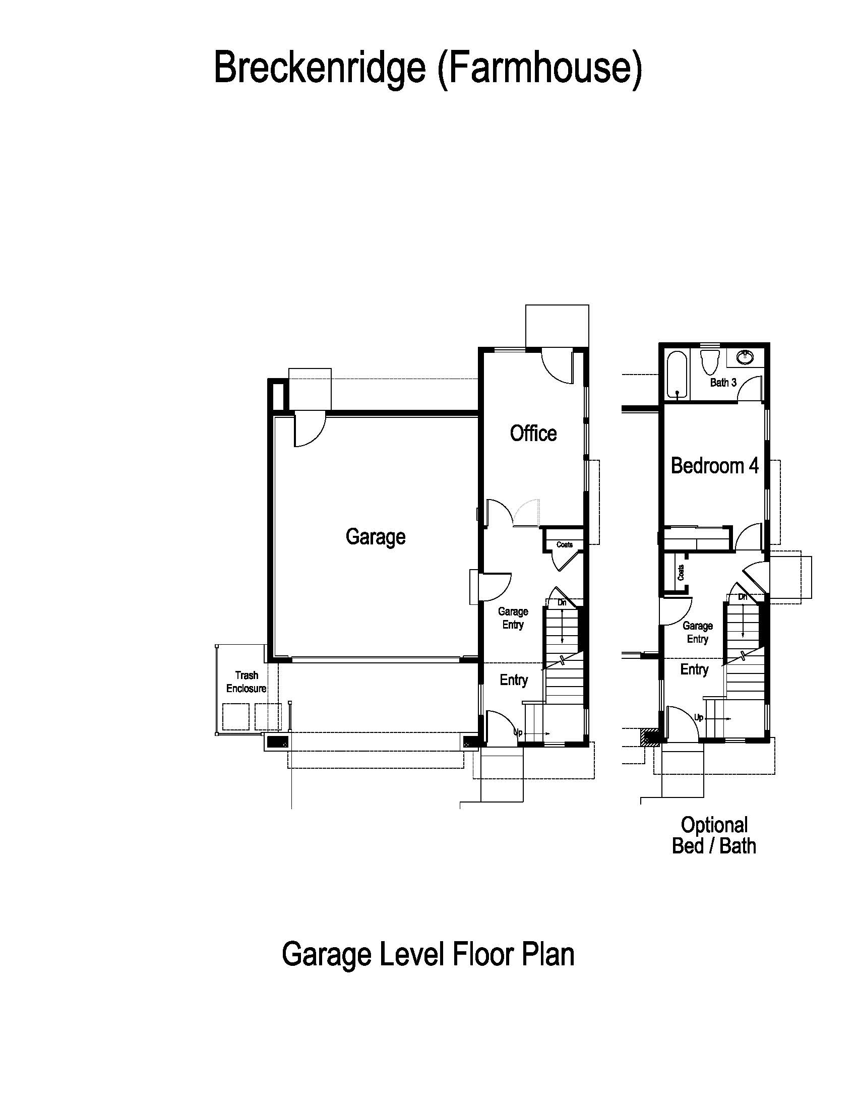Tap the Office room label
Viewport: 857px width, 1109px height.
533,434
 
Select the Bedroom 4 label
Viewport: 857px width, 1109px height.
714,466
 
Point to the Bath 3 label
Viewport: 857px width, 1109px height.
723,383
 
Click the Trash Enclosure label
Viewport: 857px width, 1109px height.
246,682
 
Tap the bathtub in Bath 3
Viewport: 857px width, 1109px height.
677,375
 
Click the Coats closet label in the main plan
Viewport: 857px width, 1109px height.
565,545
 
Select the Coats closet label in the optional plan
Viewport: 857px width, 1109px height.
681,573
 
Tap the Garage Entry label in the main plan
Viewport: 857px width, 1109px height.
513,618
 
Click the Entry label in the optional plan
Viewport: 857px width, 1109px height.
694,669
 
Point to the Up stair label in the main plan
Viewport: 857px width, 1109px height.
518,733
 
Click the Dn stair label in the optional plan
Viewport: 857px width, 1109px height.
743,597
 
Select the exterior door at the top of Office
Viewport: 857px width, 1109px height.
558,366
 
